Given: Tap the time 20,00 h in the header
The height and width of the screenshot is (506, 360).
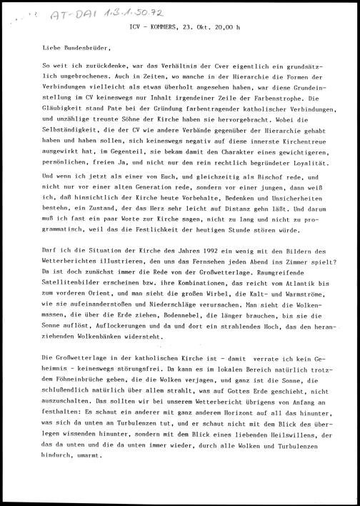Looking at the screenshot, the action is point(229,29).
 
